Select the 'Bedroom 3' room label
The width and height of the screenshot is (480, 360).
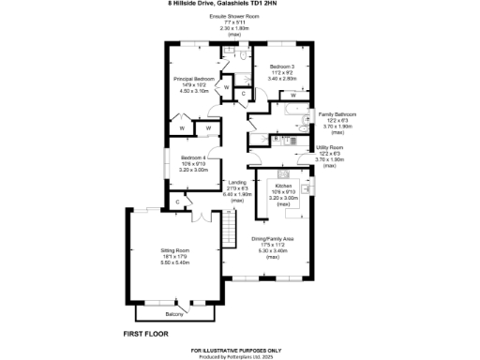[282, 67]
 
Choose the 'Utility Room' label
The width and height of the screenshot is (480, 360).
[336, 148]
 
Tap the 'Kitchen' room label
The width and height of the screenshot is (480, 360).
[283, 186]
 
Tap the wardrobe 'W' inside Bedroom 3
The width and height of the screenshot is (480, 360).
[294, 96]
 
